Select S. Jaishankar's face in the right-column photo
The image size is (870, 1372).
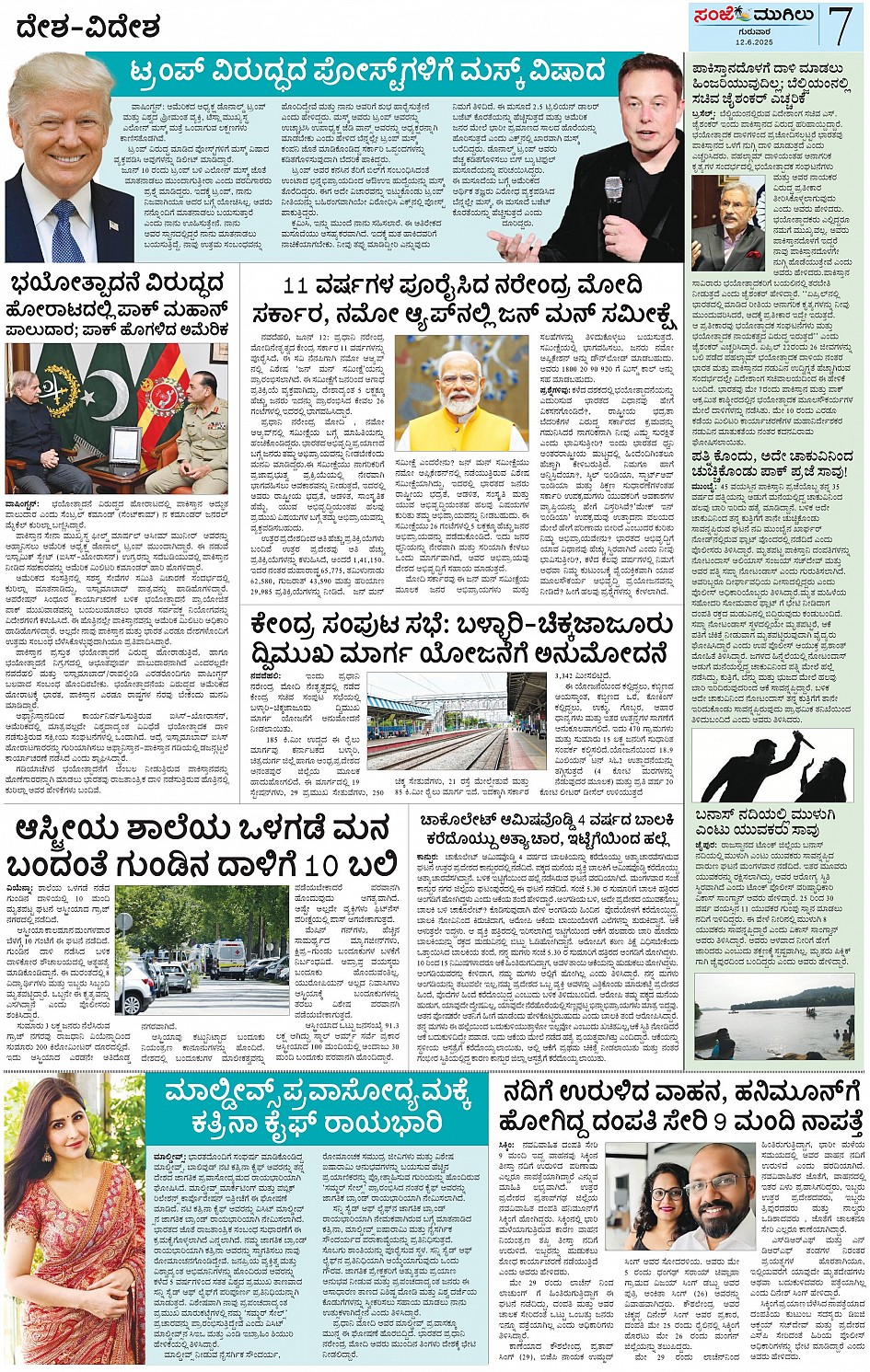734,214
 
